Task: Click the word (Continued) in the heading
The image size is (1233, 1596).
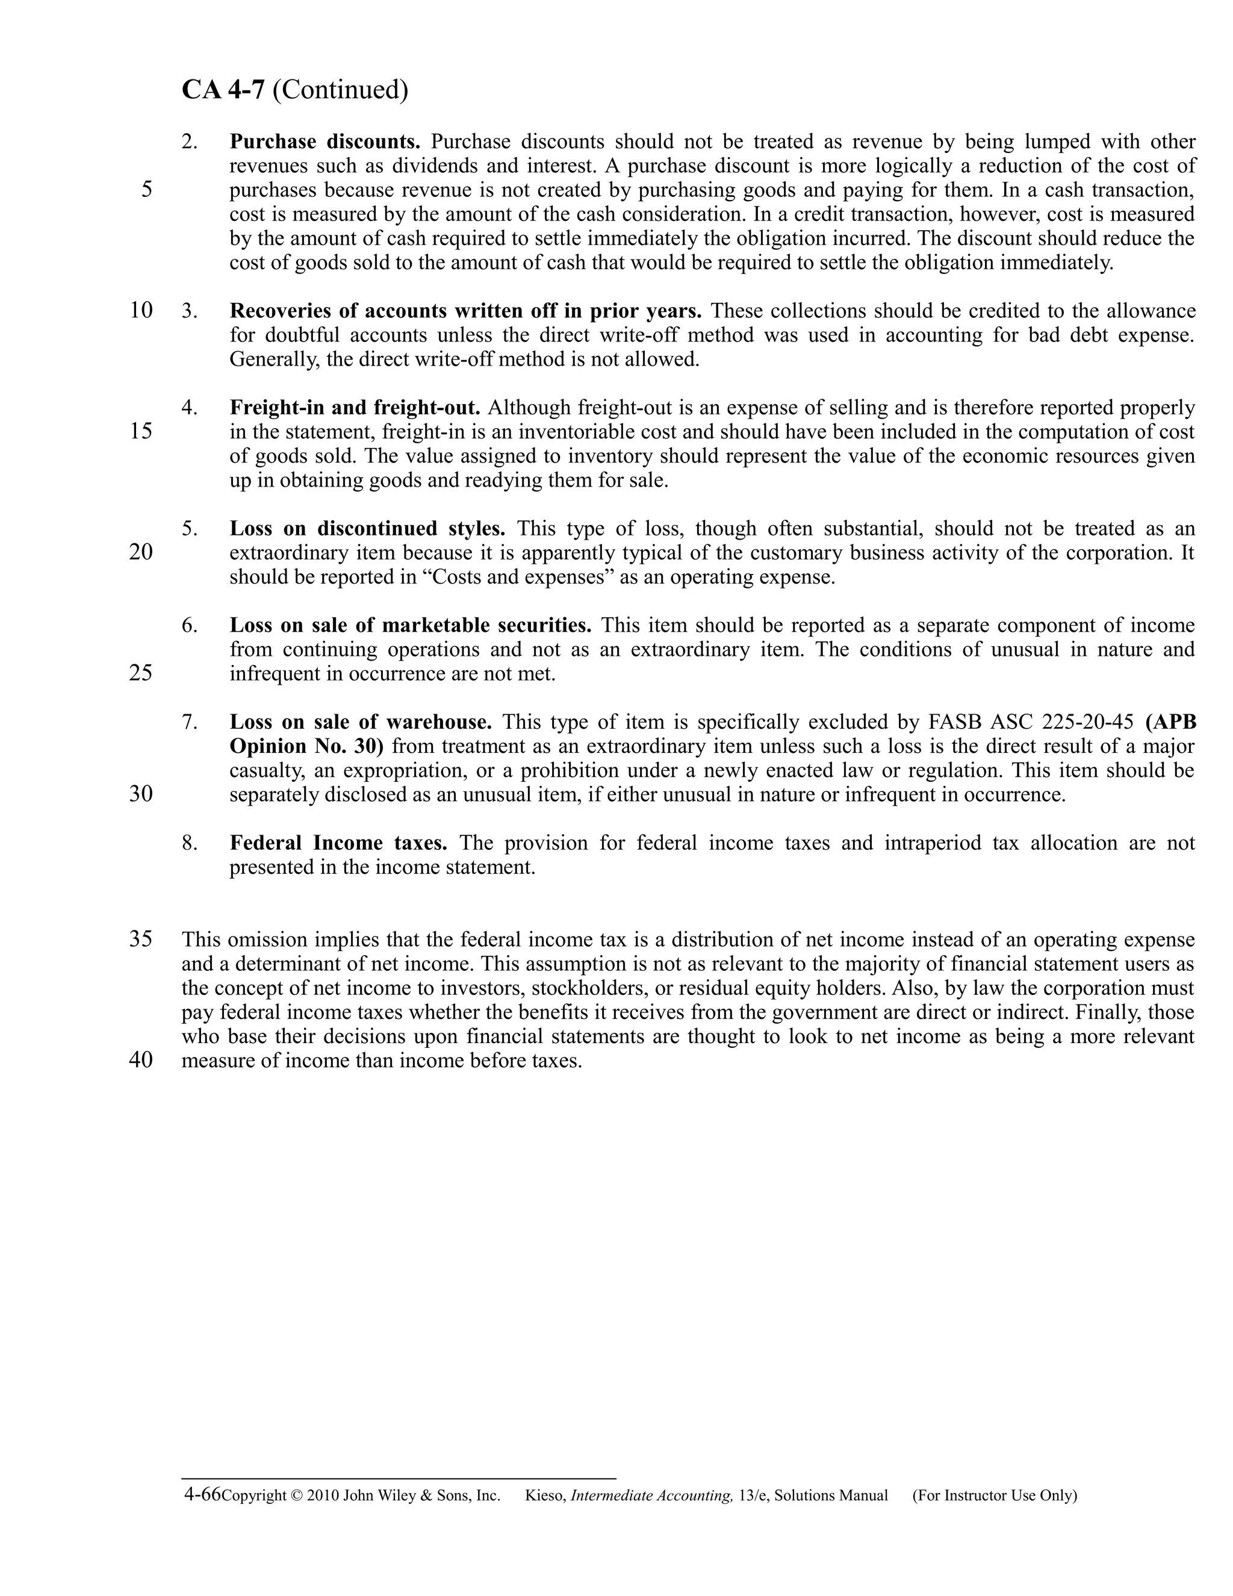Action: (x=340, y=90)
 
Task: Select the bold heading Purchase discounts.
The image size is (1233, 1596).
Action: (x=325, y=141)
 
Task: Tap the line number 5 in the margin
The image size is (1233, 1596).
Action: (x=147, y=190)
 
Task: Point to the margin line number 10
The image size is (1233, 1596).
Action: (x=141, y=311)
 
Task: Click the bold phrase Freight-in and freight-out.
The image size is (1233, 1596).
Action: (x=355, y=407)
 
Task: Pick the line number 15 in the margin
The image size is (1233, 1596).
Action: (x=141, y=431)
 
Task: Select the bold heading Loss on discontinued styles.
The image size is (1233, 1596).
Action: (x=367, y=528)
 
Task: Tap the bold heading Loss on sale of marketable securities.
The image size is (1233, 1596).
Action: (x=411, y=626)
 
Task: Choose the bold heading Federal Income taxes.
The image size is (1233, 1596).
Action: (x=338, y=843)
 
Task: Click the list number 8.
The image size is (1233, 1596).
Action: (x=190, y=843)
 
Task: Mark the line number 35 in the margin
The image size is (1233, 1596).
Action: (x=141, y=939)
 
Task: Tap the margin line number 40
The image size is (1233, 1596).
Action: (x=141, y=1061)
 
